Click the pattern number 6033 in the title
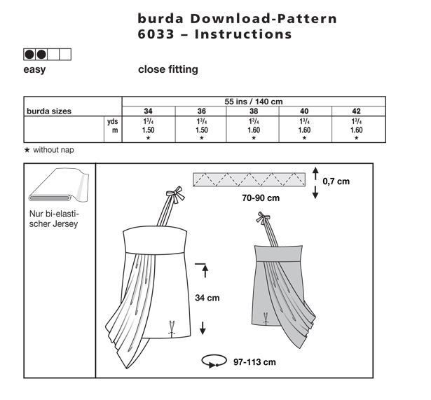click(156, 34)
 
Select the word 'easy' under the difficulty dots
click(34, 69)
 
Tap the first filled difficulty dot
click(29, 55)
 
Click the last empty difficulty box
click(65, 55)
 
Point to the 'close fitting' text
click(168, 69)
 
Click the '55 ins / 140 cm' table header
click(254, 102)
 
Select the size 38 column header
click(254, 111)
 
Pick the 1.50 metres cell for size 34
click(148, 130)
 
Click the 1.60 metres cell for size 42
click(356, 130)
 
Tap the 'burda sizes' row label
click(49, 111)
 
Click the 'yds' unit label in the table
click(112, 121)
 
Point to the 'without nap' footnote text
click(53, 150)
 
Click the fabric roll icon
click(59, 185)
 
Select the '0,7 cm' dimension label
click(336, 181)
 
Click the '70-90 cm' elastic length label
click(261, 198)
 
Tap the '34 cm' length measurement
click(207, 298)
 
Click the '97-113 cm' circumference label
click(254, 362)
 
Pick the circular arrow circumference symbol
click(214, 361)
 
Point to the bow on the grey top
click(263, 217)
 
